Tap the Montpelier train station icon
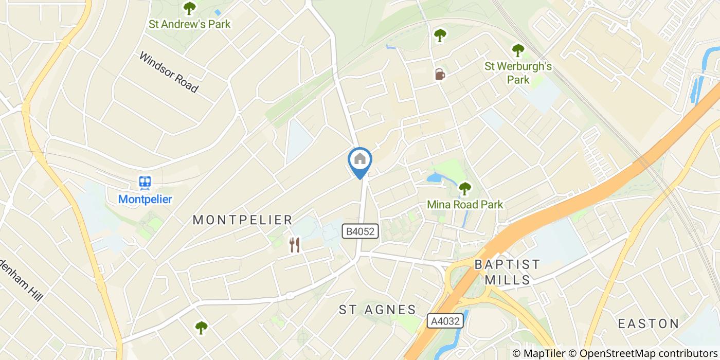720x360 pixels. click(x=145, y=183)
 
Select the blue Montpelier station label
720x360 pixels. click(x=145, y=199)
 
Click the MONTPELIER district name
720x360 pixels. click(x=242, y=220)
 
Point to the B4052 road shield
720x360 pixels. click(x=361, y=232)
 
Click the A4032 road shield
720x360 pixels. click(x=445, y=321)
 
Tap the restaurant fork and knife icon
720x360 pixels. click(x=294, y=245)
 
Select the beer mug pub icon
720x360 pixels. click(x=439, y=75)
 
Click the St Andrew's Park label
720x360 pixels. click(x=189, y=24)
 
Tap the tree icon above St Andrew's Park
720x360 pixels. click(x=190, y=8)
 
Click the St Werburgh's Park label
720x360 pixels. click(x=518, y=73)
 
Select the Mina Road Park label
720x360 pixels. click(x=465, y=205)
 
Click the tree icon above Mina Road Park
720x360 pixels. click(x=465, y=189)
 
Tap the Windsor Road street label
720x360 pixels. click(x=168, y=72)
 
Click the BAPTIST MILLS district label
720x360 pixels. click(x=507, y=272)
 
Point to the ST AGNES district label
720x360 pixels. click(x=377, y=310)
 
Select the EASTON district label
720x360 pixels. click(x=649, y=323)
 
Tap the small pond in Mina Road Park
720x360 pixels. click(x=435, y=178)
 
